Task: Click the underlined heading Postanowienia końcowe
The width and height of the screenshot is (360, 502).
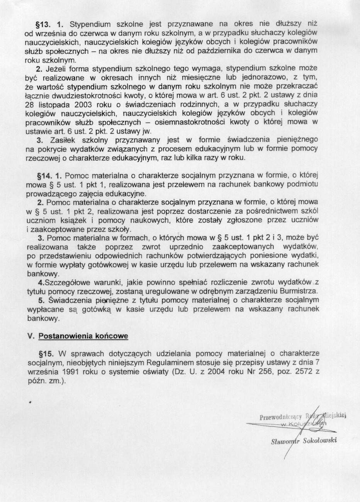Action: [x=83, y=336]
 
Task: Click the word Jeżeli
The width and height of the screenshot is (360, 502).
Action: [x=57, y=69]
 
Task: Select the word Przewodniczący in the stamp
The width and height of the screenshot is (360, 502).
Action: [x=281, y=417]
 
